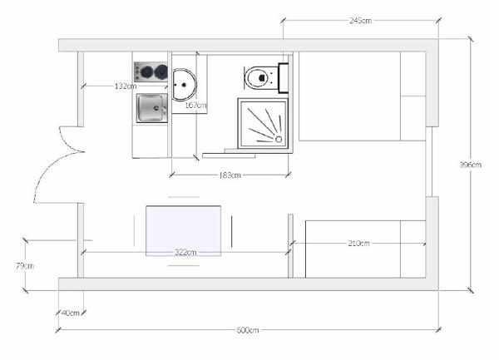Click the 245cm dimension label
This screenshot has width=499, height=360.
tap(360, 21)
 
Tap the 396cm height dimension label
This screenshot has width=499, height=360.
tap(471, 165)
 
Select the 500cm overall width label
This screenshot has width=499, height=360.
tap(248, 330)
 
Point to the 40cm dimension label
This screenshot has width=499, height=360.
tap(71, 313)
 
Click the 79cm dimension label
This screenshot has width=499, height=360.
tap(25, 265)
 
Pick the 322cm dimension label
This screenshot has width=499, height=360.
tap(185, 253)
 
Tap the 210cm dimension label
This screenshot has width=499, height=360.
tap(358, 244)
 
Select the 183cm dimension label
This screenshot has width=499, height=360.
tap(230, 175)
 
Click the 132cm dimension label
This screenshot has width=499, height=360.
tap(126, 86)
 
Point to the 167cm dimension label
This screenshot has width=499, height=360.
tap(195, 105)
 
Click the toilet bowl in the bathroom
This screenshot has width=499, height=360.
tap(259, 77)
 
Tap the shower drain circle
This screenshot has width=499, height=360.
tap(279, 140)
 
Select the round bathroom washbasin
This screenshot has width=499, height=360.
tap(185, 85)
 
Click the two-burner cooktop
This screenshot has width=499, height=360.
tap(151, 72)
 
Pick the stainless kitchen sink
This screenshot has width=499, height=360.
tap(152, 108)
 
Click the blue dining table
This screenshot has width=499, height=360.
tap(183, 231)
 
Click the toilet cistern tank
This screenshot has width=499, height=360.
tap(284, 78)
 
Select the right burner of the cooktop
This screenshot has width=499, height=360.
tap(161, 72)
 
